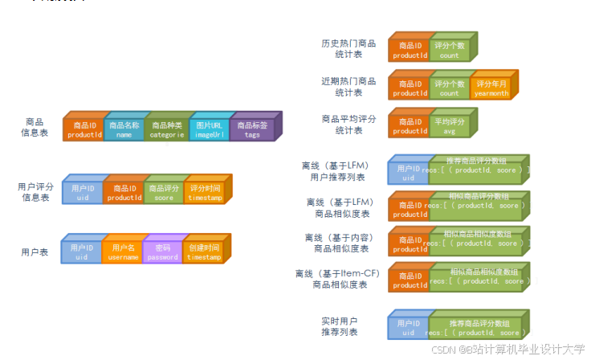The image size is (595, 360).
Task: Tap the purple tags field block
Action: (x=252, y=129)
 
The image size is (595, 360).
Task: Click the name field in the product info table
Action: (x=124, y=129)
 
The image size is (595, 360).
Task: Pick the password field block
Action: (x=162, y=252)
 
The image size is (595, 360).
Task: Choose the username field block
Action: (x=122, y=252)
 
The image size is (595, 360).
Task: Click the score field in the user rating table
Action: (x=164, y=193)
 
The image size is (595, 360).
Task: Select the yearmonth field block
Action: (x=491, y=88)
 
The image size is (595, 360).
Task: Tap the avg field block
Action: (x=450, y=126)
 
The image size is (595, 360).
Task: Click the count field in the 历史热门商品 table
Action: (x=450, y=51)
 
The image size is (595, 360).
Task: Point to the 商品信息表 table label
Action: (x=35, y=127)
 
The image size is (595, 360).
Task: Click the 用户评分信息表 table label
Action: (x=35, y=191)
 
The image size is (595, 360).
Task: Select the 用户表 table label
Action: (x=35, y=252)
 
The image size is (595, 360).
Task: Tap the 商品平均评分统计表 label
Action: (x=348, y=125)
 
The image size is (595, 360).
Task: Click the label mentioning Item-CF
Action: (x=337, y=279)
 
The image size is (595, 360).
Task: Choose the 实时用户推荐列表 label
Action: (x=340, y=326)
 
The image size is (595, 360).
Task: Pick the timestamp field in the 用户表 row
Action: (x=203, y=252)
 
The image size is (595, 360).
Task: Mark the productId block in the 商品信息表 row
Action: (x=84, y=129)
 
